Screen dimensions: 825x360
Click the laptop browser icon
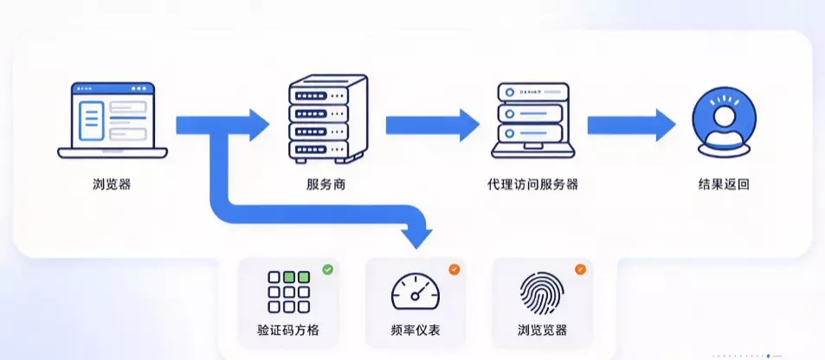pyautogui.click(x=113, y=120)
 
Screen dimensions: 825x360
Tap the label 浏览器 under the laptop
pyautogui.click(x=112, y=184)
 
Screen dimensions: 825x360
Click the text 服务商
pyautogui.click(x=326, y=184)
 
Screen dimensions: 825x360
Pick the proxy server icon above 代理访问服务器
pyautogui.click(x=533, y=120)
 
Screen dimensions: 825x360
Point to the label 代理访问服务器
pyautogui.click(x=532, y=184)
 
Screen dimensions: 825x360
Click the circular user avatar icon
pyautogui.click(x=724, y=123)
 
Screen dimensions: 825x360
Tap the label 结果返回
pyautogui.click(x=724, y=184)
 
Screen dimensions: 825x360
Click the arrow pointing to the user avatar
pyautogui.click(x=631, y=125)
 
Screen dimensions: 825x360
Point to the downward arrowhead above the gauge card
pyautogui.click(x=416, y=237)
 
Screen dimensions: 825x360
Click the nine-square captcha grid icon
pyautogui.click(x=288, y=292)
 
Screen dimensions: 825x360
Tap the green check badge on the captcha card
pyautogui.click(x=328, y=270)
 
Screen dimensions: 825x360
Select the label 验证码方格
pyautogui.click(x=288, y=331)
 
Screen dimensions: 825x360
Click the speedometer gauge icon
pyautogui.click(x=416, y=291)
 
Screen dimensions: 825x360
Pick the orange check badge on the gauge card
pyautogui.click(x=454, y=270)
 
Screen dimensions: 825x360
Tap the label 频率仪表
pyautogui.click(x=416, y=331)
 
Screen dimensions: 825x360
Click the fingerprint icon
pyautogui.click(x=542, y=293)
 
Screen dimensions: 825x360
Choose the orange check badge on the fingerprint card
pyautogui.click(x=580, y=270)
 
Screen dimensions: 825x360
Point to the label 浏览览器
pyautogui.click(x=542, y=331)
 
